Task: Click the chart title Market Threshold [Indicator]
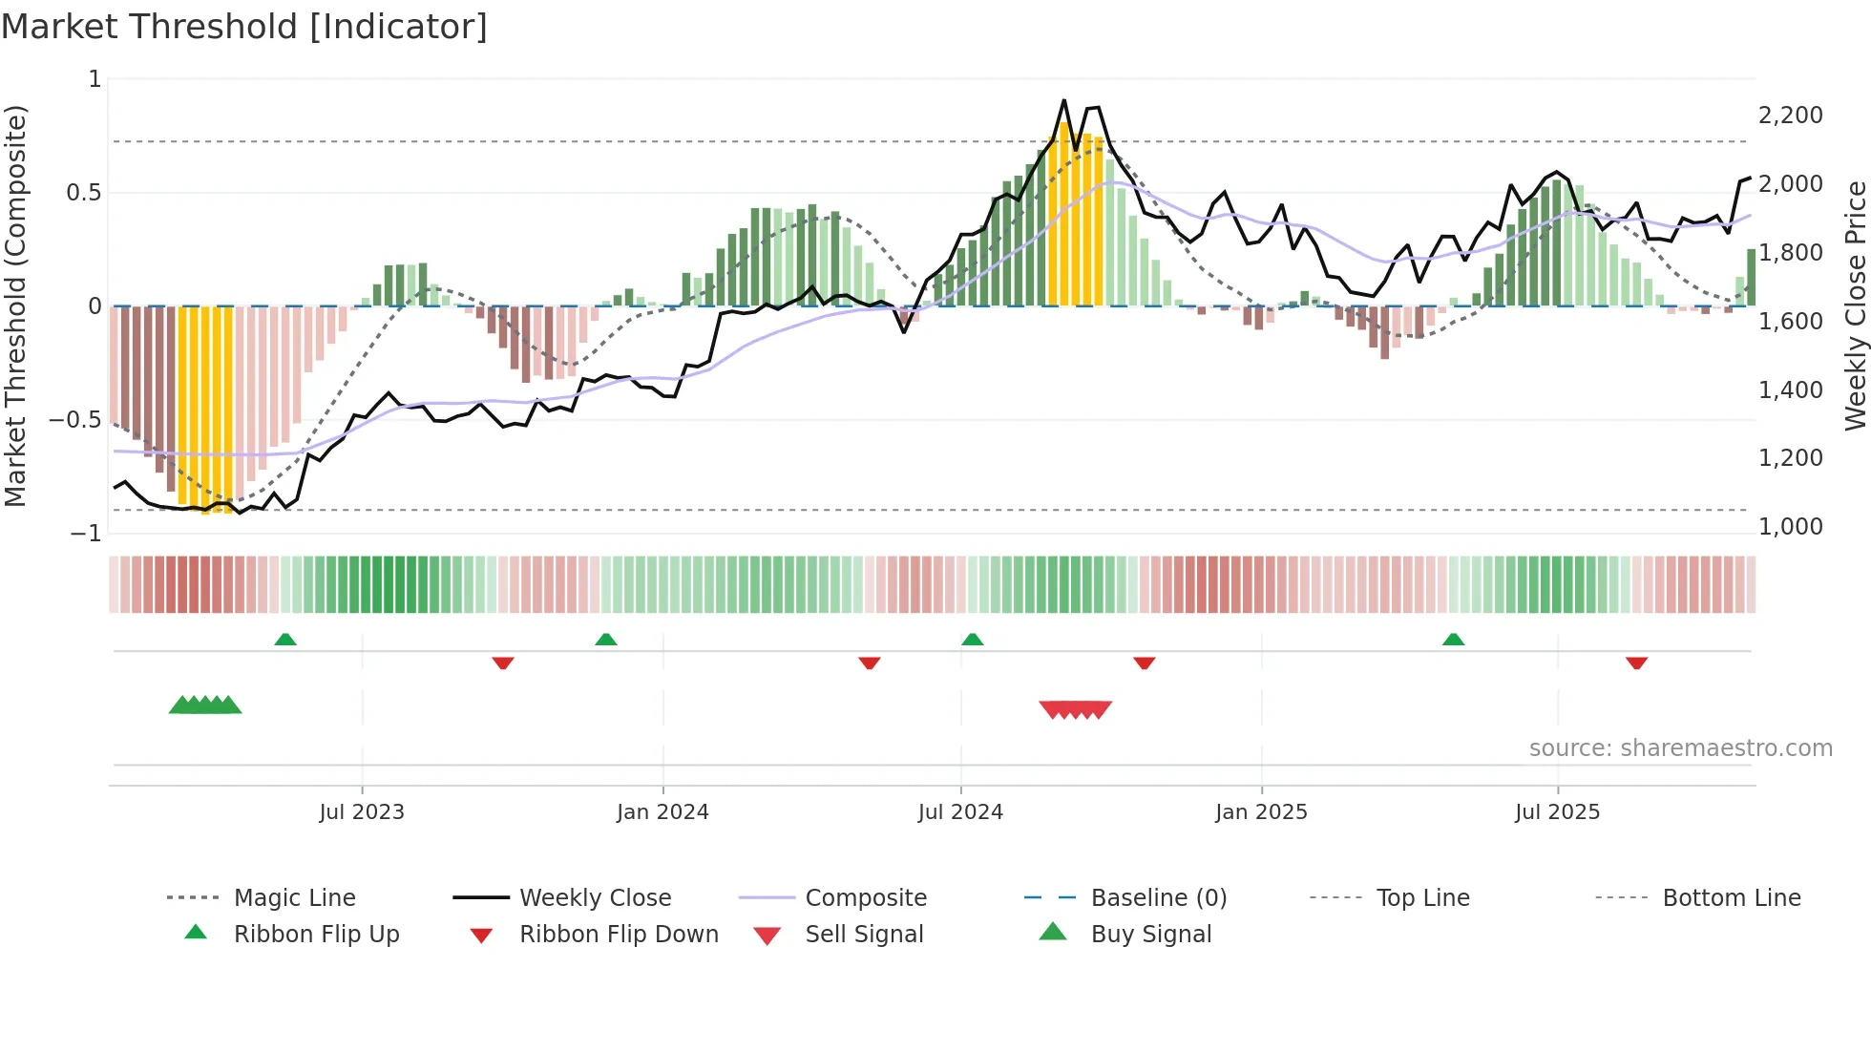point(244,27)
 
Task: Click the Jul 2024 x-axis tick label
point(960,811)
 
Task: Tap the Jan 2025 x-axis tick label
point(1261,811)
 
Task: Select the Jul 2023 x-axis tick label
point(362,811)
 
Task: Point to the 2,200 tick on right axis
point(1790,116)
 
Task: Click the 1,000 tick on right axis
point(1790,527)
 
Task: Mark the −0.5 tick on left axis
point(74,420)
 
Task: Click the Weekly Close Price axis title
point(1855,305)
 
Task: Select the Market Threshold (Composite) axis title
point(15,305)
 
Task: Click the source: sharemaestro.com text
point(1680,747)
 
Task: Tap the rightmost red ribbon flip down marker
point(1636,663)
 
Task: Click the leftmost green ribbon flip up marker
point(285,639)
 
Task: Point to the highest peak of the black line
point(1063,99)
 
